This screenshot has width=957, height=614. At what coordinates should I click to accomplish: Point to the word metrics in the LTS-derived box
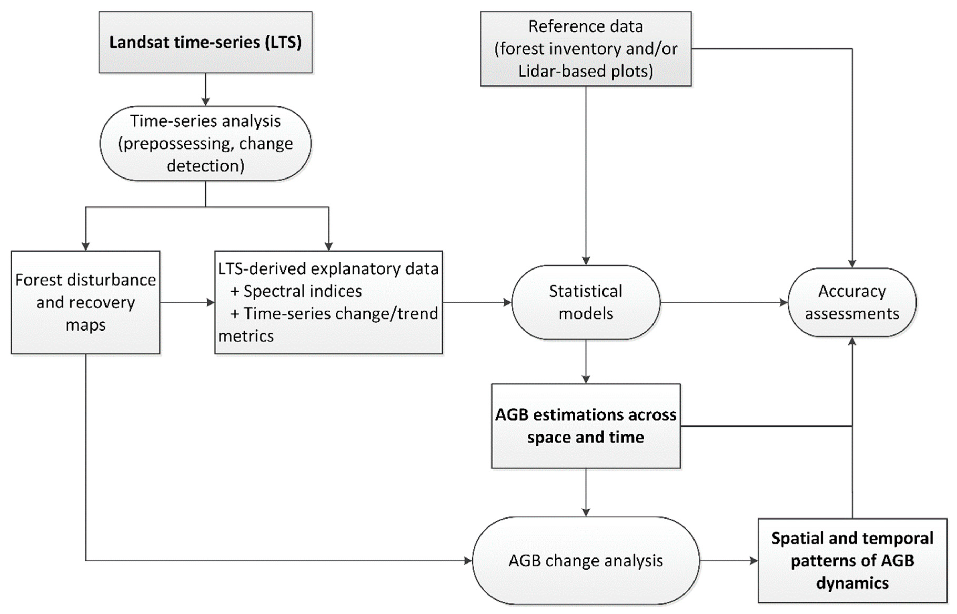[246, 336]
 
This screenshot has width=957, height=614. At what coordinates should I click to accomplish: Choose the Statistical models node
[585, 302]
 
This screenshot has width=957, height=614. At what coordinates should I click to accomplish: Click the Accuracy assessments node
[852, 302]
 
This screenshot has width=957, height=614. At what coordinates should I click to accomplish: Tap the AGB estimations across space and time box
[585, 426]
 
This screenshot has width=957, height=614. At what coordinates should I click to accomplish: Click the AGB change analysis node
[585, 561]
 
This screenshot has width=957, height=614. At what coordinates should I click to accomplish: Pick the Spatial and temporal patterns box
[852, 561]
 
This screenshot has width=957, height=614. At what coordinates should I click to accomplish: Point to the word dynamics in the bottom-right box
[852, 583]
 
